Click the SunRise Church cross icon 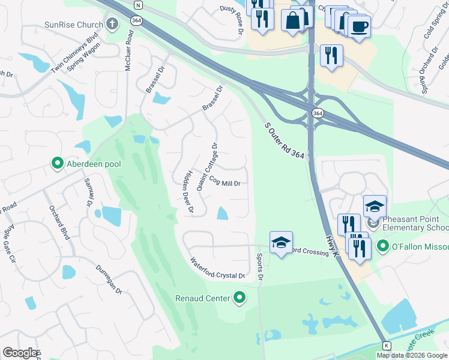(112, 25)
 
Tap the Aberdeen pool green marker (58, 163)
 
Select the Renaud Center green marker (240, 298)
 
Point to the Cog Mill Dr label (224, 184)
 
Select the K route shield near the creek (387, 346)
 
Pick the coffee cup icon (360, 26)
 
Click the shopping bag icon (292, 20)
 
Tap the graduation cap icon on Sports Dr (281, 243)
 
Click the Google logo (20, 353)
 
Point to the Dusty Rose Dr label (231, 15)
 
